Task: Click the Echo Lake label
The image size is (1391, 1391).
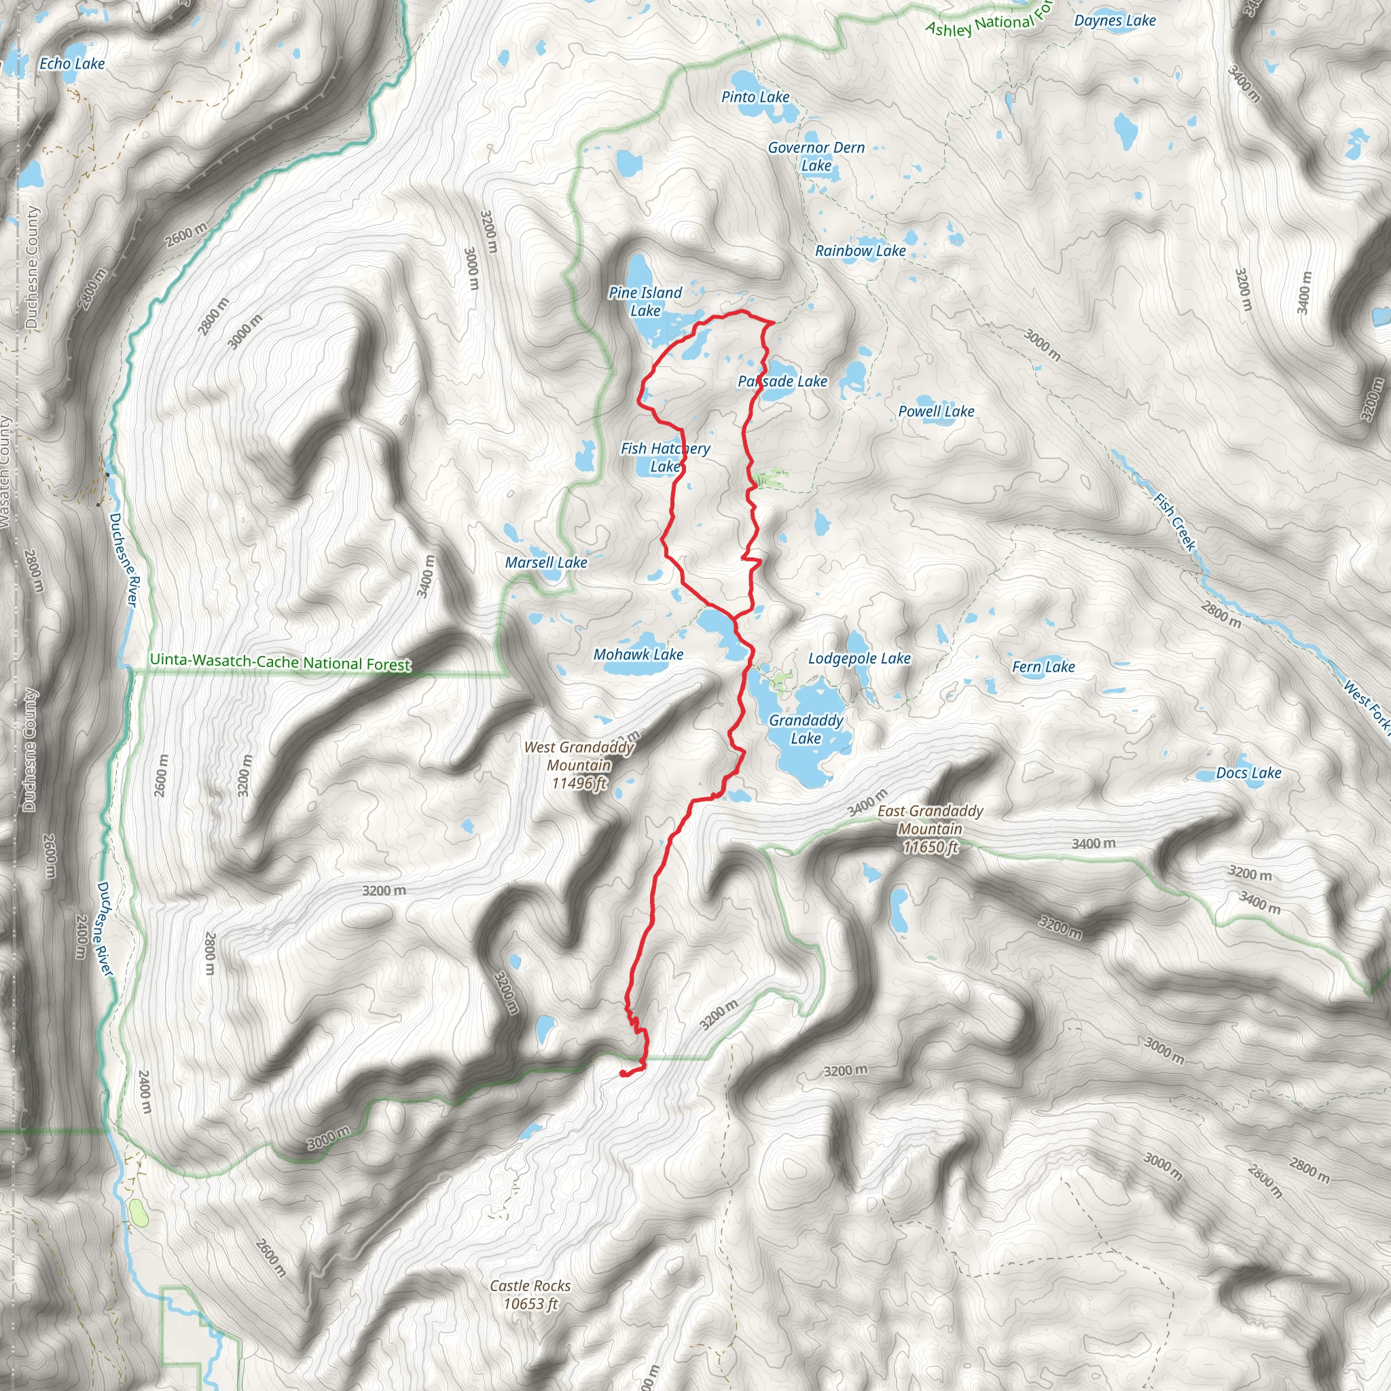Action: (72, 64)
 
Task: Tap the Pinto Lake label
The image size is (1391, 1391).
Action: (755, 97)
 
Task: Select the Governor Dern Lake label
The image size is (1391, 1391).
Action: (816, 156)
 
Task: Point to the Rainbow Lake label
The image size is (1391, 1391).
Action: (860, 251)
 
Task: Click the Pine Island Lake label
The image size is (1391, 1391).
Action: (645, 302)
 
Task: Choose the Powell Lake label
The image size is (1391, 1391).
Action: (936, 411)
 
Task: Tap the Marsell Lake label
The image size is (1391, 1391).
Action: (546, 562)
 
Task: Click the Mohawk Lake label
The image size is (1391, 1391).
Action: (638, 655)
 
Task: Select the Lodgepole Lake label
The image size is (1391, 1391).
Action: (859, 658)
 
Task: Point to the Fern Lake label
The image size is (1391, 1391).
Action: (1043, 667)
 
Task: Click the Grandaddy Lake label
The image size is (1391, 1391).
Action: (806, 729)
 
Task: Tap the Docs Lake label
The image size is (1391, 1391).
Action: (1248, 772)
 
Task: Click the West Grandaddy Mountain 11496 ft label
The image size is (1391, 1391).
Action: (579, 765)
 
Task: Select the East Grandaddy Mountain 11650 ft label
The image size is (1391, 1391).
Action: (930, 829)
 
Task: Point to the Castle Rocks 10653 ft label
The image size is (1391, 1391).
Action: (530, 1295)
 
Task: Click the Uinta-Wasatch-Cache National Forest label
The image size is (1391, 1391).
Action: (280, 662)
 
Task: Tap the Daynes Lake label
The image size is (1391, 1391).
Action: (1115, 20)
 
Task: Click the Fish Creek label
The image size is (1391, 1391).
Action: (1174, 522)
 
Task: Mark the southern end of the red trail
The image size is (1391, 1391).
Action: (622, 1074)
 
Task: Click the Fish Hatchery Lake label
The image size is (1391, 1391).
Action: (665, 457)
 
